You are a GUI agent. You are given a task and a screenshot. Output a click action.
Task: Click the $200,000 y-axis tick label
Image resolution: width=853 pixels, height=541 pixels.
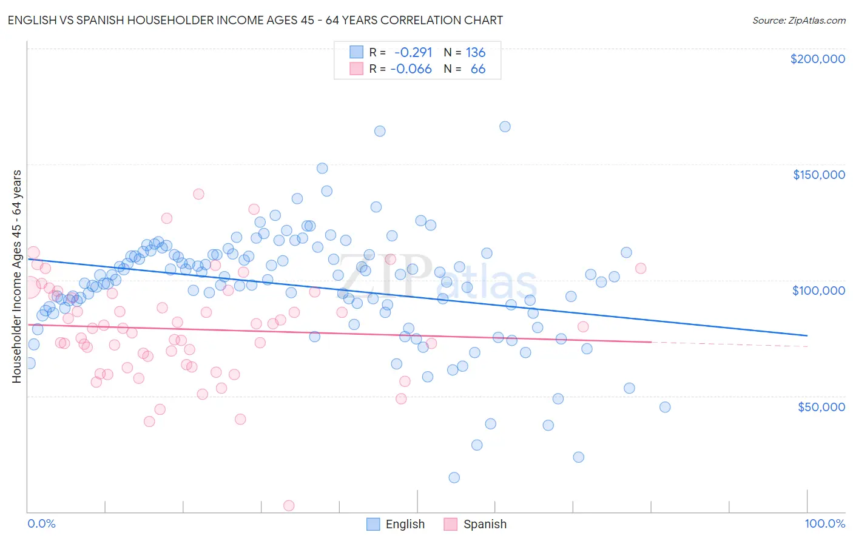[817, 59]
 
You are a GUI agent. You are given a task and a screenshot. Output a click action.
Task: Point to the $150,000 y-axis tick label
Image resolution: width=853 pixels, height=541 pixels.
[818, 175]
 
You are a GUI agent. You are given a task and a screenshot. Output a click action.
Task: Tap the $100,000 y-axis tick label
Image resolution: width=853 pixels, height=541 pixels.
[818, 291]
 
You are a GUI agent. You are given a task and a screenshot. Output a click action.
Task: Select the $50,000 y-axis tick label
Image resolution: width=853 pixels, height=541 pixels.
[821, 407]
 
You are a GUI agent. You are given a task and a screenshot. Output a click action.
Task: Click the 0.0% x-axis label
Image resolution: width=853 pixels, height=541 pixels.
[41, 523]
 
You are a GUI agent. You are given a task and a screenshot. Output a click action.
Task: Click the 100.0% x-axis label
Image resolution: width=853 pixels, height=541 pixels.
[824, 523]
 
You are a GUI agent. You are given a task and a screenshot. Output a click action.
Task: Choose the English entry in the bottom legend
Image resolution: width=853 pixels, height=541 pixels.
[396, 524]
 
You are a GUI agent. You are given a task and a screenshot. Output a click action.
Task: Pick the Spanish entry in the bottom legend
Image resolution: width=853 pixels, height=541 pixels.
[475, 524]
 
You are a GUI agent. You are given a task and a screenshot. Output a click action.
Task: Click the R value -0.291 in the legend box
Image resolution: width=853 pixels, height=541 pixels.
[413, 52]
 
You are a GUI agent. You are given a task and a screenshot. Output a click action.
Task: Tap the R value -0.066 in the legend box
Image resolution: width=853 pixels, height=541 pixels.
[411, 69]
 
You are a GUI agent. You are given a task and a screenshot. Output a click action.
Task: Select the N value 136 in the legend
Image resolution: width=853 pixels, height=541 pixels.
[476, 52]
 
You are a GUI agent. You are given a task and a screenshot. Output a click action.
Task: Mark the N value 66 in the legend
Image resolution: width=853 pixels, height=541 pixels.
[478, 69]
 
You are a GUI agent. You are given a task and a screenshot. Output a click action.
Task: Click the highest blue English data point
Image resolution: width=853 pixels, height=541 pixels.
[505, 127]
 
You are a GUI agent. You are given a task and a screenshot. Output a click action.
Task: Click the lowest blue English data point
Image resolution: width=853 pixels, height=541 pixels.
[454, 477]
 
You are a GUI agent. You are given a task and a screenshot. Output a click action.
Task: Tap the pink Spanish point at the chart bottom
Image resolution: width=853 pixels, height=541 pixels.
[289, 505]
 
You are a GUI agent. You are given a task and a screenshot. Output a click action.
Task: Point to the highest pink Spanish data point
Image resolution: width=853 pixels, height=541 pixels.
[198, 194]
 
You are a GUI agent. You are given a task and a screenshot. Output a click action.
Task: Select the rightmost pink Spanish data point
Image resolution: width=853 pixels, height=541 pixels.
[640, 268]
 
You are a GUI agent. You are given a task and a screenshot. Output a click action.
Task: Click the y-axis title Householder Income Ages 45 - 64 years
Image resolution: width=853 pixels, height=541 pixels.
[16, 276]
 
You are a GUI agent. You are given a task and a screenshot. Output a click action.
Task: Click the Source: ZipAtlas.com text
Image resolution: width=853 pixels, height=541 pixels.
[798, 20]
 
